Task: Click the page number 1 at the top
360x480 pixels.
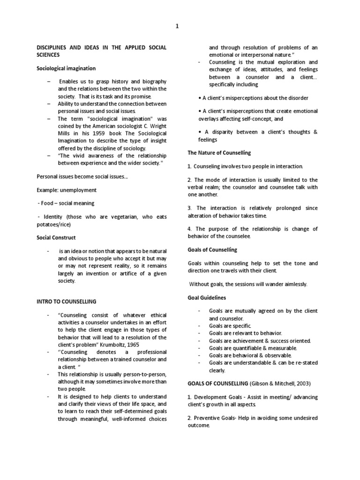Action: click(x=177, y=27)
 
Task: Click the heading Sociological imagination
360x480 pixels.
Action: click(x=66, y=68)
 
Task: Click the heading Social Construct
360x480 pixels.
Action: click(x=56, y=238)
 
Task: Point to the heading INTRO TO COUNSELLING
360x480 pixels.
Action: click(x=67, y=301)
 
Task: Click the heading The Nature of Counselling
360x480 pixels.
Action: click(x=219, y=153)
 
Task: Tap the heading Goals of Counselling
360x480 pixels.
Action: click(x=212, y=250)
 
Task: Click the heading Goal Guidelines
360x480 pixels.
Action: click(x=207, y=298)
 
